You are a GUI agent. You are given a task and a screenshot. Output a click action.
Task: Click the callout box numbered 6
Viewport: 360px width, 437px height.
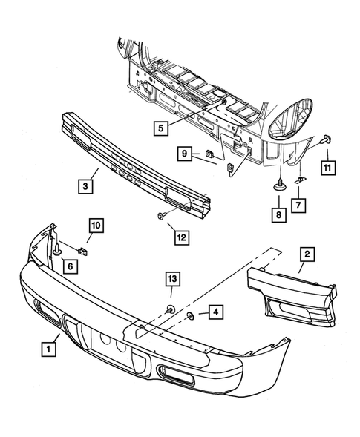coord(69,266)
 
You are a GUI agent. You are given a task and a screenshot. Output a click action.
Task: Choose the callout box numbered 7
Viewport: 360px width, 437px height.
coord(296,203)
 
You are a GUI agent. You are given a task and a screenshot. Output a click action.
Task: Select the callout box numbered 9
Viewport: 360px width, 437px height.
coord(186,154)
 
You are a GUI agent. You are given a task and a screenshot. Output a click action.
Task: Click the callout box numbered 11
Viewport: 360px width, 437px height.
coord(326,168)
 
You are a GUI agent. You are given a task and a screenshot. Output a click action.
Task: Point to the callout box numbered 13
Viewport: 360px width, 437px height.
coord(171,279)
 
